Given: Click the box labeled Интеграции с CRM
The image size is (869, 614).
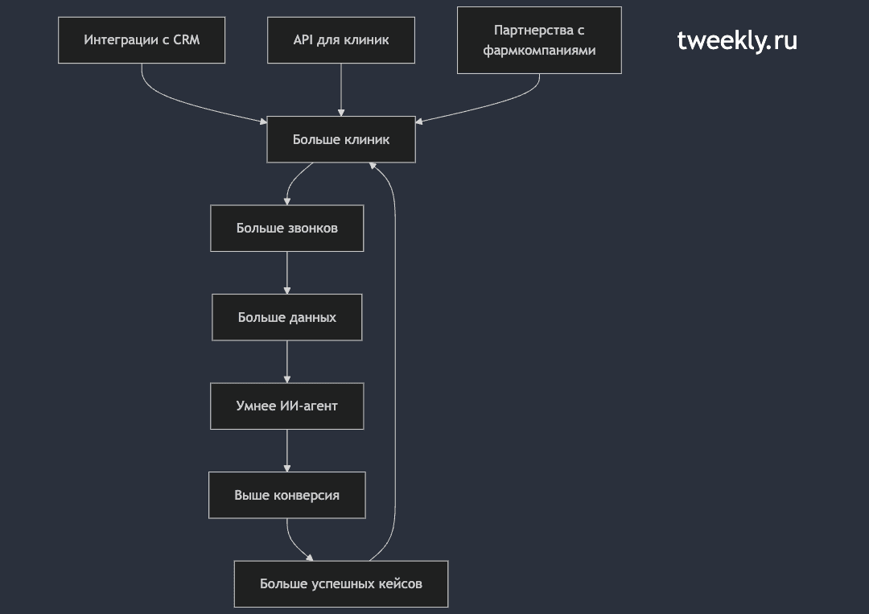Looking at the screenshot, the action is click(142, 40).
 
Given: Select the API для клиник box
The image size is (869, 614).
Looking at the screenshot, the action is click(341, 40).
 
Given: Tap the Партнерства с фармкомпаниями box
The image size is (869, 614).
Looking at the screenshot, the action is click(539, 40).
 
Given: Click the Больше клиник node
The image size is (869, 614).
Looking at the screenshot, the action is click(341, 139).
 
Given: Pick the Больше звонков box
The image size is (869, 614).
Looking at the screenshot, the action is click(287, 229).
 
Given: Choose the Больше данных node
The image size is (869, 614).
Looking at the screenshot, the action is click(287, 317).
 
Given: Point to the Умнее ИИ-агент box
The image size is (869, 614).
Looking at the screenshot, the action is click(287, 406).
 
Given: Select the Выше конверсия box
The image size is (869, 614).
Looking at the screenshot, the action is click(287, 495).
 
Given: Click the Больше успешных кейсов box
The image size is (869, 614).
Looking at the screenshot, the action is click(341, 584).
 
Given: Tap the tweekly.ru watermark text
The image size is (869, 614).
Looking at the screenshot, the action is click(737, 41).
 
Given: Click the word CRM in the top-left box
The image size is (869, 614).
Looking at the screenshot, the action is click(186, 40).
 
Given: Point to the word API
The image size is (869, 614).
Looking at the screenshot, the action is click(303, 40).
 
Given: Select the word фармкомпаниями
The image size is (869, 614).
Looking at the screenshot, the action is click(539, 51).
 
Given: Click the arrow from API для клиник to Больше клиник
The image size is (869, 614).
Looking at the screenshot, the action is click(341, 90).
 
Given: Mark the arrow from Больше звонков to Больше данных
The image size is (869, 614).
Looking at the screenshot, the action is click(287, 273).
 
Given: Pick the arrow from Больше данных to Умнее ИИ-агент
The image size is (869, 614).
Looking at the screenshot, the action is click(287, 362).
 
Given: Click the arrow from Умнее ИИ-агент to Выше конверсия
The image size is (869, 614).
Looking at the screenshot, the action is click(287, 451).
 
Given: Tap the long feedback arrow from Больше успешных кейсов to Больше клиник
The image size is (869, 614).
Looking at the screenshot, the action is click(395, 361).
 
